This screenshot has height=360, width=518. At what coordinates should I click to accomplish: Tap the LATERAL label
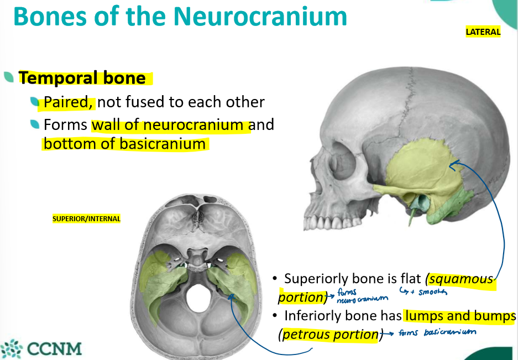pos(483,32)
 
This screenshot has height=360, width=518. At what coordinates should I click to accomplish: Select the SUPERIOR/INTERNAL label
pos(86,218)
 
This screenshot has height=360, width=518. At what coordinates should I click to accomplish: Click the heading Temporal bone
pos(82,78)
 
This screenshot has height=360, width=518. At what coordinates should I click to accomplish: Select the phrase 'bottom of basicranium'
pos(124,144)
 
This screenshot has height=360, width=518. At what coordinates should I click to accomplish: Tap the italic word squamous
pos(460,279)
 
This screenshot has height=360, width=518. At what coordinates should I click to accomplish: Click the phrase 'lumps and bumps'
pos(460,316)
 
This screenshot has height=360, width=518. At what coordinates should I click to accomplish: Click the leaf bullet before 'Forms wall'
pos(35,125)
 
